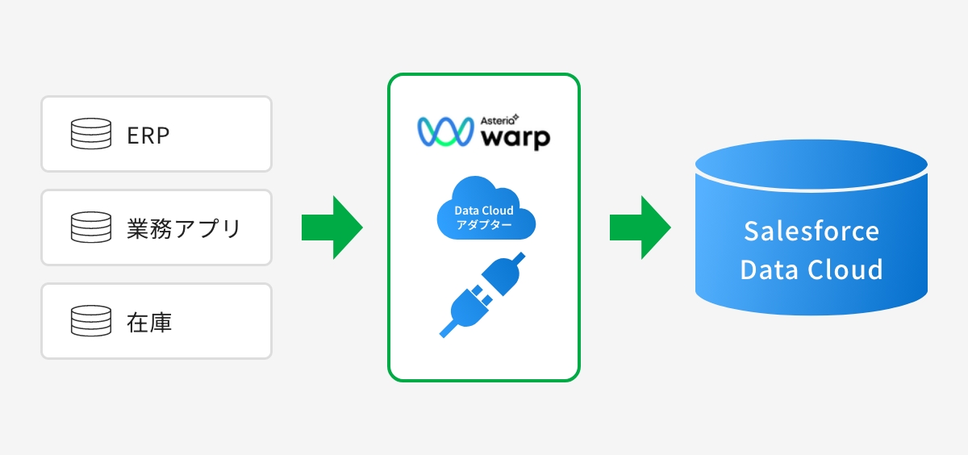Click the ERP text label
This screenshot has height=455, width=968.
pos(148,135)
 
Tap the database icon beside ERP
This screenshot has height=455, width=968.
pos(90,135)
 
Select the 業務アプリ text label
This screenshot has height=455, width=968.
pos(184,228)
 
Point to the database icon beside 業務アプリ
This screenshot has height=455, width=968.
pos(90,228)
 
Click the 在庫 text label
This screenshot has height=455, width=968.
pos(149,322)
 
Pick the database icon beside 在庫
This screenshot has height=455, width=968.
pos(90,322)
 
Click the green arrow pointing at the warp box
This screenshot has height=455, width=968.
pos(332,227)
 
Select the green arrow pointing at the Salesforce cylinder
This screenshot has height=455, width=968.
pos(640,227)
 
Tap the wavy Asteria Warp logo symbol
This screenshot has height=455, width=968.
pos(444,132)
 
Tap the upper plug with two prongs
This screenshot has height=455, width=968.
pos(503,274)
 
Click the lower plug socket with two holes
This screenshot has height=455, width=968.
pos(465,309)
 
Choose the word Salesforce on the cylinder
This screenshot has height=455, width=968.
pos(812,232)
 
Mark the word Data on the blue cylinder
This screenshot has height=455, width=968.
pos(769,269)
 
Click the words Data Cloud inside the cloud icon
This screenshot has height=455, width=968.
pos(484,211)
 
